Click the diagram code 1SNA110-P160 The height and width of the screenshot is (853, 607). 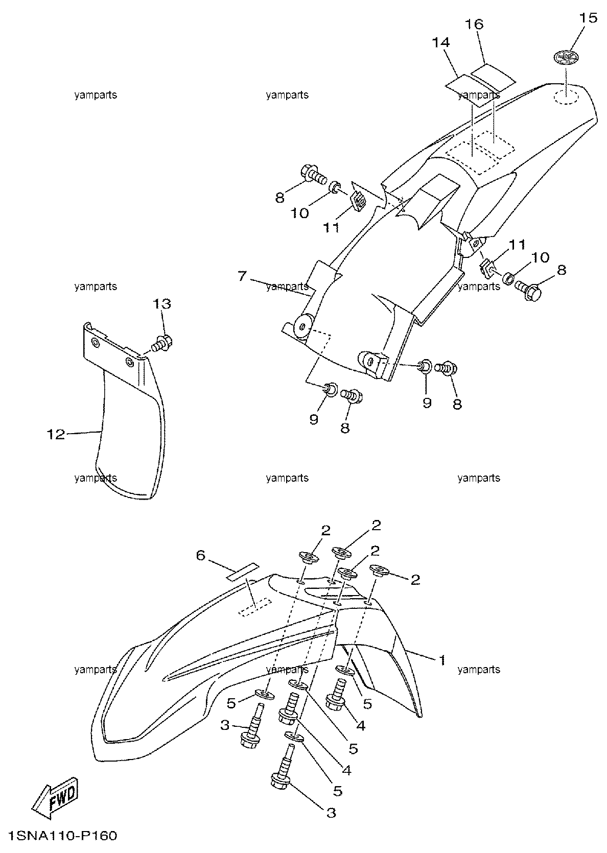point(62,836)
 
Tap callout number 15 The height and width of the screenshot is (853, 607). point(588,18)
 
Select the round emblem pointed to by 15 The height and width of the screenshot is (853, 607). point(566,58)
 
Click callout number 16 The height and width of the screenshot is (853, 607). point(474,25)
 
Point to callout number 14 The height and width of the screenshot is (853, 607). point(441,42)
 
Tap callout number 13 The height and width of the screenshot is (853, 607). point(162,303)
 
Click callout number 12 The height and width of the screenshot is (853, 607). point(56,434)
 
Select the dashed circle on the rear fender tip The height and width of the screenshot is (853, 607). point(566,97)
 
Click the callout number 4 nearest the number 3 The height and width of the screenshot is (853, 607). point(346,770)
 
